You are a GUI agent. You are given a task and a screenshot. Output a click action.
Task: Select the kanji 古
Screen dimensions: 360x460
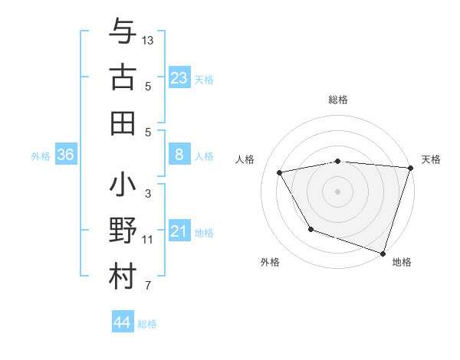coord(123,78)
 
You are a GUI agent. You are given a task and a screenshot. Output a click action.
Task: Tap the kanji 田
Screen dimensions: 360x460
coord(123,123)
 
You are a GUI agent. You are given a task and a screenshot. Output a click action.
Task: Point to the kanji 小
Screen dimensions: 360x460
coord(123,186)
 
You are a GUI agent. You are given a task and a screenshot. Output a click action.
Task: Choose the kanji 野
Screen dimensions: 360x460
coord(123,231)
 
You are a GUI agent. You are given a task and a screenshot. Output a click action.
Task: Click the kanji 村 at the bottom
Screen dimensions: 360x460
coord(123,277)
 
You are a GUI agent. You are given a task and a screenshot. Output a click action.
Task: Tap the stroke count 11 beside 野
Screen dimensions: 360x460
coord(148,240)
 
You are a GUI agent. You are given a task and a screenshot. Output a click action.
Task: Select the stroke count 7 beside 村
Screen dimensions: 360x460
coord(148,286)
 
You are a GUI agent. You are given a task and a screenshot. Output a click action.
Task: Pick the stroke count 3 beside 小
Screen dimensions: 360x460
coord(148,194)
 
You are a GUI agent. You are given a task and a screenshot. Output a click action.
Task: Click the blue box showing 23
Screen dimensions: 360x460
coord(179,78)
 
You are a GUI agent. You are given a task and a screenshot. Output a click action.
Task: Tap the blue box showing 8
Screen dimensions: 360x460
coord(179,155)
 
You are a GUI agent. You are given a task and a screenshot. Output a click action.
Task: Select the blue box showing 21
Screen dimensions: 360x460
coord(179,231)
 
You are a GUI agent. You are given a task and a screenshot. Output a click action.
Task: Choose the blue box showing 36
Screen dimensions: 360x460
coord(65,155)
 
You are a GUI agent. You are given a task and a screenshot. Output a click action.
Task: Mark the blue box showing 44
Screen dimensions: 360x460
coord(122,322)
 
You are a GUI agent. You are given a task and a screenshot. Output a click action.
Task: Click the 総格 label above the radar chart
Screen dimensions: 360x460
coord(337,100)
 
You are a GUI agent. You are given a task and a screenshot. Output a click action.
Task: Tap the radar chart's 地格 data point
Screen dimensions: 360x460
coord(383,253)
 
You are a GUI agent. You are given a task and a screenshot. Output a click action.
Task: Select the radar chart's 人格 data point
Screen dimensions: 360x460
coord(280,173)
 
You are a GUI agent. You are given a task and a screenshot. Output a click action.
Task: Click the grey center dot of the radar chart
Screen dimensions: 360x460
coord(337,191)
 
